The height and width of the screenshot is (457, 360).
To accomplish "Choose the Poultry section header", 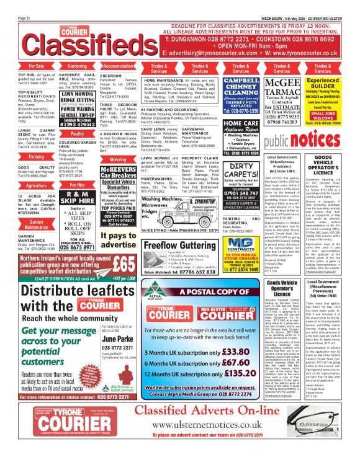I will pyautogui.click(x=77, y=133).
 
